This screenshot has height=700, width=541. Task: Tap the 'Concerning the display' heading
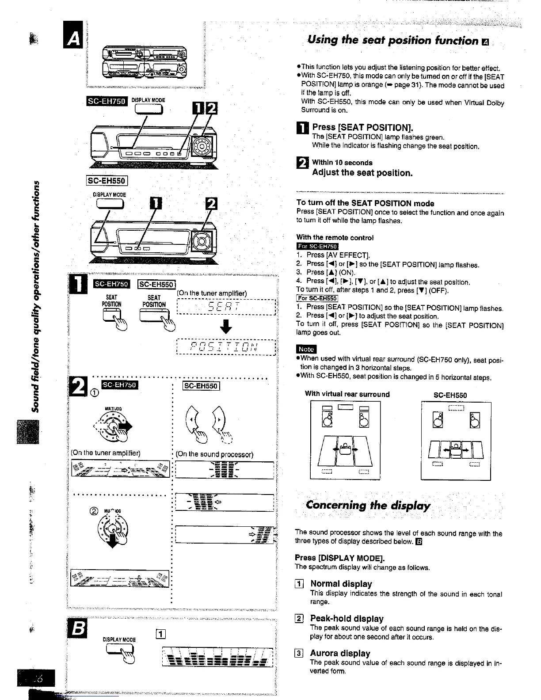[368, 505]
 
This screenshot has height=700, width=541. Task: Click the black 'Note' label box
[306, 349]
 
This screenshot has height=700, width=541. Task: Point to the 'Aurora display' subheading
[340, 653]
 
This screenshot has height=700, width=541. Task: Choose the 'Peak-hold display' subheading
[347, 619]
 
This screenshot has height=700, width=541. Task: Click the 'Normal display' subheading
[341, 584]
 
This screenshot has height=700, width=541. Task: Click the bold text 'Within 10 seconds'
[342, 163]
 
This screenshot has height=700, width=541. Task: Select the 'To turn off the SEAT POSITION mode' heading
[365, 203]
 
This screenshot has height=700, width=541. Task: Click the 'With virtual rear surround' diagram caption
[347, 394]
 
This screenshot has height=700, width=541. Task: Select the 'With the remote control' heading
[335, 238]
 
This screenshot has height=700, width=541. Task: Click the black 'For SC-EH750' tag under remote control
[317, 247]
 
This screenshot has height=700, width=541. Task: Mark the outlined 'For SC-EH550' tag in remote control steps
[317, 298]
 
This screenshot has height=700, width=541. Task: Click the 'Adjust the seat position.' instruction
[362, 173]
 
